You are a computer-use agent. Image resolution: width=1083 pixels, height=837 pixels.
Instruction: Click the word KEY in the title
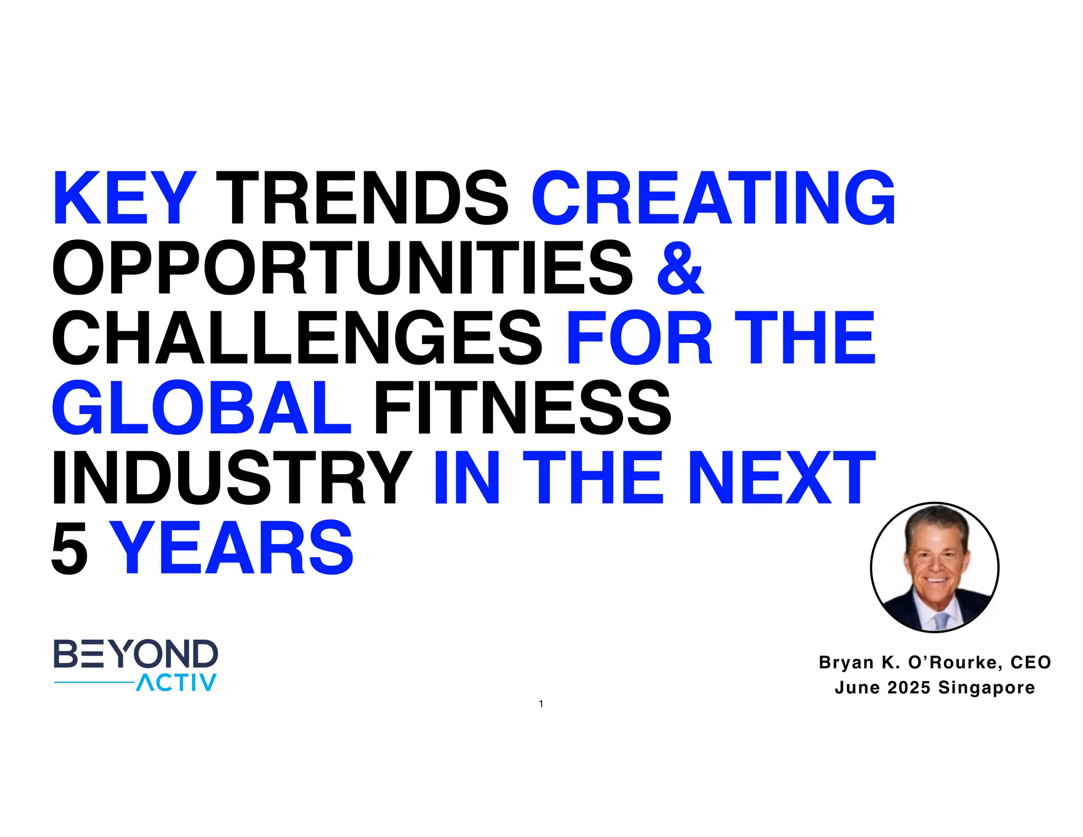125,198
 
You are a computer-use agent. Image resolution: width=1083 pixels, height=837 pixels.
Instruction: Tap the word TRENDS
362,198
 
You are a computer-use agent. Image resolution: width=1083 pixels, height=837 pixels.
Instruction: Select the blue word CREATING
713,198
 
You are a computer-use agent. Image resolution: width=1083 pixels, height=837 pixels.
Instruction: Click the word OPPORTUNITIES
342,268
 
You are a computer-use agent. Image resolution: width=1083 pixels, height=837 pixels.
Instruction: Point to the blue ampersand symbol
681,268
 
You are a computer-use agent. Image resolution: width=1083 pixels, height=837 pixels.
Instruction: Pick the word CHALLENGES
297,338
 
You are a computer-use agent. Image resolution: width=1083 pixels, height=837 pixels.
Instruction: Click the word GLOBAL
201,408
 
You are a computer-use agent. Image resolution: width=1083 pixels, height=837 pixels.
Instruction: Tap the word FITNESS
522,408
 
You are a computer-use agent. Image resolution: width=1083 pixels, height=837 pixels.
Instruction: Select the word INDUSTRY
232,478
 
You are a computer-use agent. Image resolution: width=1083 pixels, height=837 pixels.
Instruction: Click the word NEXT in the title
782,478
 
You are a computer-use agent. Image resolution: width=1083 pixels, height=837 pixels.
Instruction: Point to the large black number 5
69,548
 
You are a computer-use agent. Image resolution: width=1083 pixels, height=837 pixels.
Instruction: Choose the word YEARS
233,548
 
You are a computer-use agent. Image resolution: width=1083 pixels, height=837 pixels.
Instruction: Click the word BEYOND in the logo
136,654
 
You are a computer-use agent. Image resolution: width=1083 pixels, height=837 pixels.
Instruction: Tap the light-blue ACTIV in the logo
177,683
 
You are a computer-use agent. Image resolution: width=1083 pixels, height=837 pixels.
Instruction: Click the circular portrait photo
934,567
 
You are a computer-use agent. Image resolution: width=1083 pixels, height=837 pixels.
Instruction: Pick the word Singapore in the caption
986,688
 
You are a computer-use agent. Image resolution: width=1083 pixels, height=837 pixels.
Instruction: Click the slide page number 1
541,704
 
